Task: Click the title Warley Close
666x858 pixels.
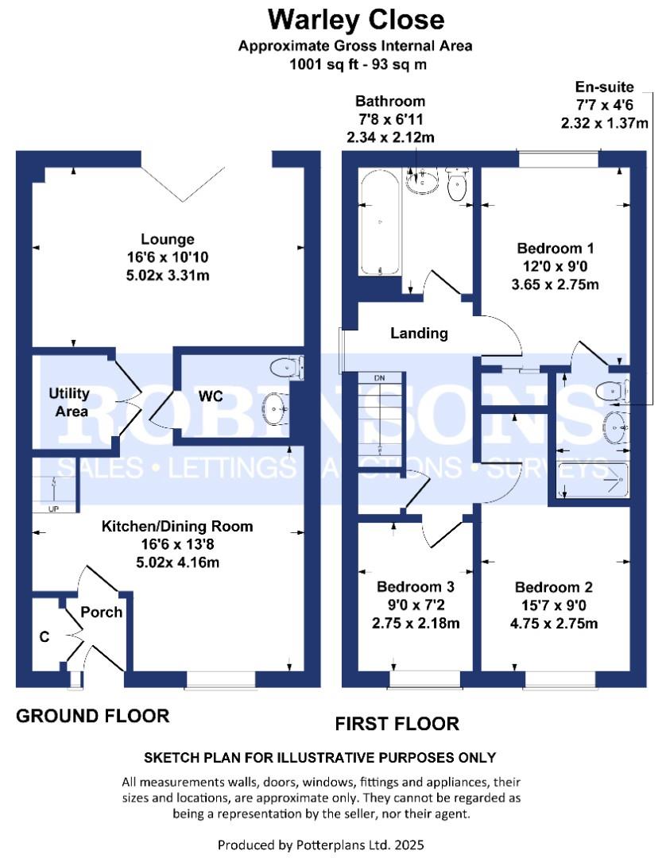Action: click(x=356, y=20)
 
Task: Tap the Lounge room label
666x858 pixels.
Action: click(x=168, y=239)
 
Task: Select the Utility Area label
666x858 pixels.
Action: click(x=69, y=402)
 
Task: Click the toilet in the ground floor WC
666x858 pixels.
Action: click(x=287, y=367)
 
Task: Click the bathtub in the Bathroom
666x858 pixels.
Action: click(x=381, y=223)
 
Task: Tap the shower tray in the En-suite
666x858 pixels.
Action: click(x=592, y=481)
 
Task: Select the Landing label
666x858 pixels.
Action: click(x=419, y=333)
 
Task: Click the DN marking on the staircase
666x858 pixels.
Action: click(x=379, y=378)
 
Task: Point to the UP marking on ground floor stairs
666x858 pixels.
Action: click(x=53, y=509)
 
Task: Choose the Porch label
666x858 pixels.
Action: click(x=101, y=612)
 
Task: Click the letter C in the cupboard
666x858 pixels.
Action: click(x=45, y=637)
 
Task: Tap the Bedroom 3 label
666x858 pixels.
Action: click(x=416, y=587)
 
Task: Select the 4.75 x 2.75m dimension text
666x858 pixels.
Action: click(x=554, y=624)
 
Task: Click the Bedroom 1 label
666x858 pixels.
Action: click(x=556, y=249)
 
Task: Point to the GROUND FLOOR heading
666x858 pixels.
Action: click(x=93, y=716)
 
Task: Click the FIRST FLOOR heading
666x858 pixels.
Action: click(x=397, y=724)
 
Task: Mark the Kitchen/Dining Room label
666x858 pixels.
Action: click(x=177, y=527)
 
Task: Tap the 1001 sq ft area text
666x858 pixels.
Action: click(x=323, y=64)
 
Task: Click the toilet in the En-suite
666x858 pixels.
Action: click(x=612, y=391)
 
